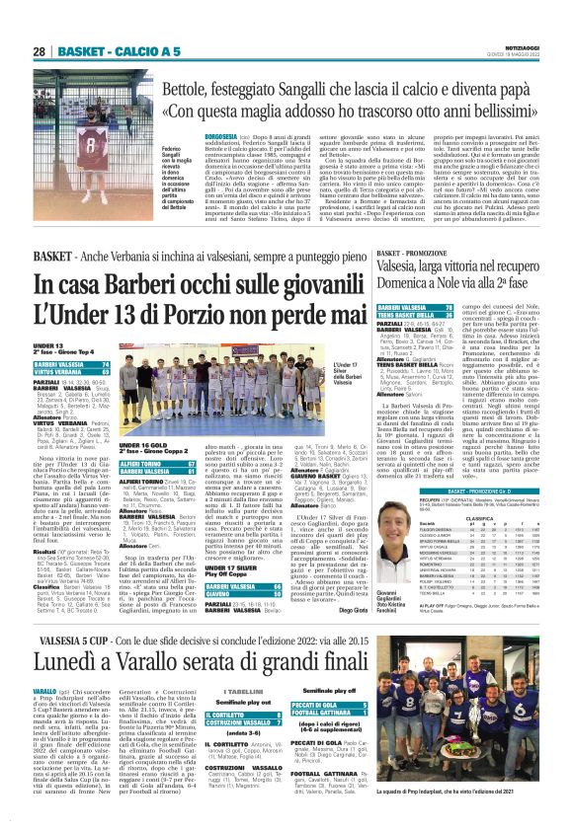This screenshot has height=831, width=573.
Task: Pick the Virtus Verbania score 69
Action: pos(104,373)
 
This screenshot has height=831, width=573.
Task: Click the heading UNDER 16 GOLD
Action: pos(138,418)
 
